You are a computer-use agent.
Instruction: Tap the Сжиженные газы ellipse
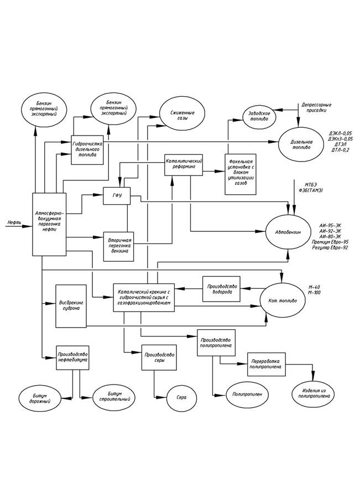180,115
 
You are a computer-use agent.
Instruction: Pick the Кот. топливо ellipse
281,302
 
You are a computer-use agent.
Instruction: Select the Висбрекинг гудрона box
71,305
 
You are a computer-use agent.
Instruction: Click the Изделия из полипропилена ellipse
314,394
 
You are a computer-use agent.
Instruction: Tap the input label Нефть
15,222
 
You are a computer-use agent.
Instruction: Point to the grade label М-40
314,288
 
